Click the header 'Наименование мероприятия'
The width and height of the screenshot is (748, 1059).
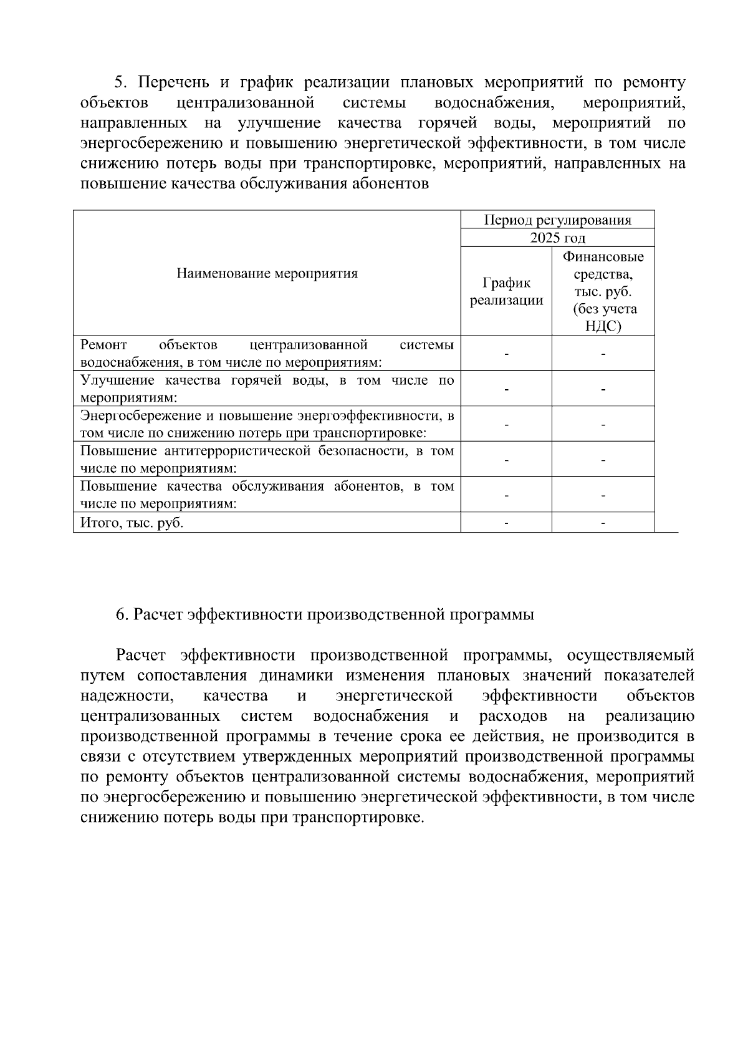267,273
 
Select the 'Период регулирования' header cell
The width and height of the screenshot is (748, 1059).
557,220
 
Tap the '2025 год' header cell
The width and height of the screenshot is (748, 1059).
557,238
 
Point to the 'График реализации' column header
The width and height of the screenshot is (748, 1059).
506,291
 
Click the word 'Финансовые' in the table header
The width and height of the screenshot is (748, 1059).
603,256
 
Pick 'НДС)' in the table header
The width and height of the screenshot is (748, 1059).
603,326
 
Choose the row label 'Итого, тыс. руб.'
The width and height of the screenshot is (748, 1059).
132,523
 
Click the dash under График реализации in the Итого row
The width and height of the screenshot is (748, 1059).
506,523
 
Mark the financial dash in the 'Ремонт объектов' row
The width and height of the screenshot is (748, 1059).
603,354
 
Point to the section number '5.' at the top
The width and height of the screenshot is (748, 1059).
121,82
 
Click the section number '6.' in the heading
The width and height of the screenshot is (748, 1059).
123,614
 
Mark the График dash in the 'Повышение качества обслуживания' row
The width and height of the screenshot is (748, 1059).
506,495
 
